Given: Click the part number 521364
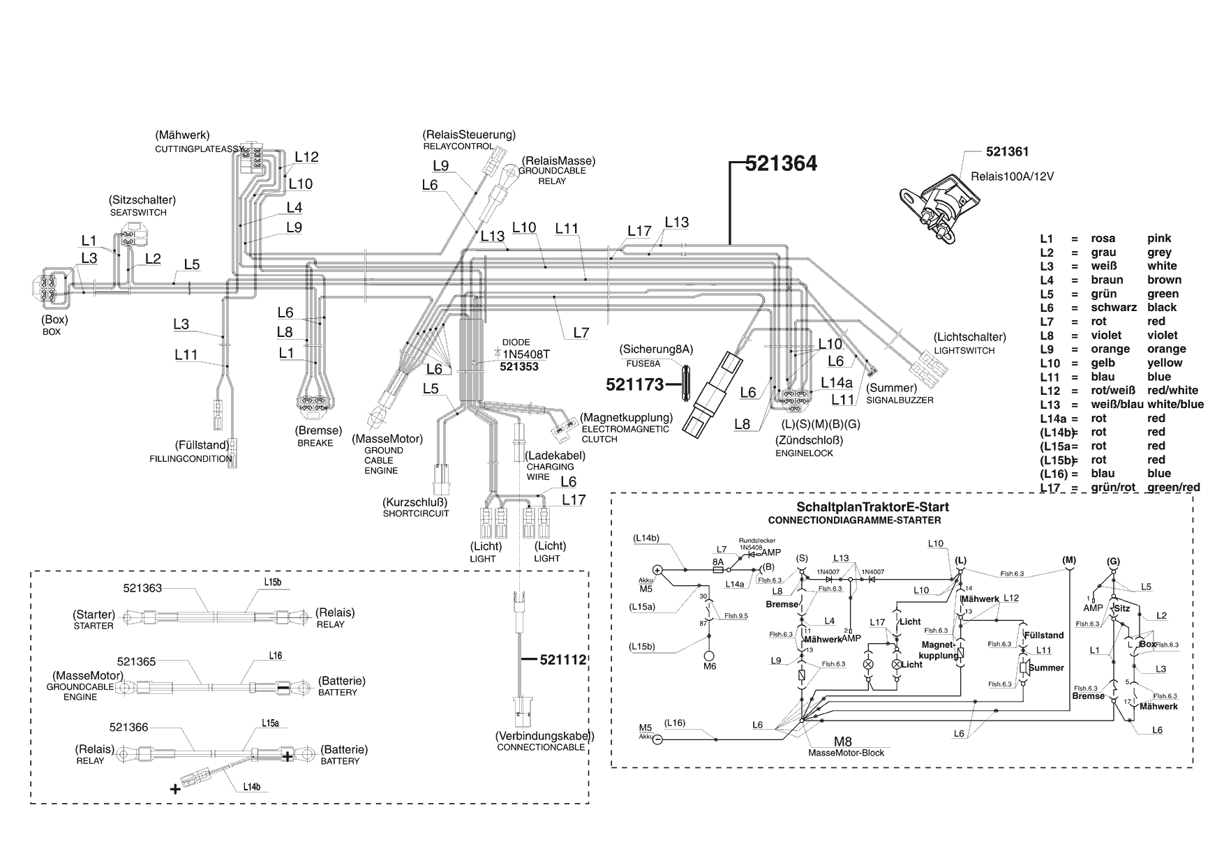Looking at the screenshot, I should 781,164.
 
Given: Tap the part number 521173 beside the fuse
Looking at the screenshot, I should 634,384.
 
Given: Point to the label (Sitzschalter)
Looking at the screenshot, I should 142,200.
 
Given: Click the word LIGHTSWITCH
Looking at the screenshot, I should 964,351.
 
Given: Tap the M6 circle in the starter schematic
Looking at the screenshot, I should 710,656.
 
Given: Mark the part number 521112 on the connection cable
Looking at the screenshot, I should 563,659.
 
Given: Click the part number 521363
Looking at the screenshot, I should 142,588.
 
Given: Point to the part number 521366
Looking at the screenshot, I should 129,728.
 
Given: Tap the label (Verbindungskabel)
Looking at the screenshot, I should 544,736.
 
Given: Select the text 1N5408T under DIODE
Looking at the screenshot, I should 526,354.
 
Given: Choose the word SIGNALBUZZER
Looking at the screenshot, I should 900,400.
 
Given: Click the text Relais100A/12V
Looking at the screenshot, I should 1012,176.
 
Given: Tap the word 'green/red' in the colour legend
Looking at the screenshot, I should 1173,488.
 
